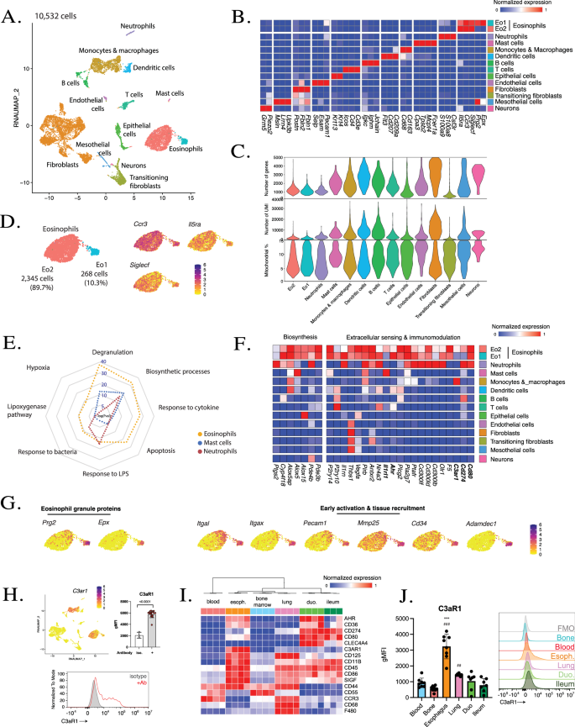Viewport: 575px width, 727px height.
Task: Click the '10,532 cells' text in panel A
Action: click(56, 14)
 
